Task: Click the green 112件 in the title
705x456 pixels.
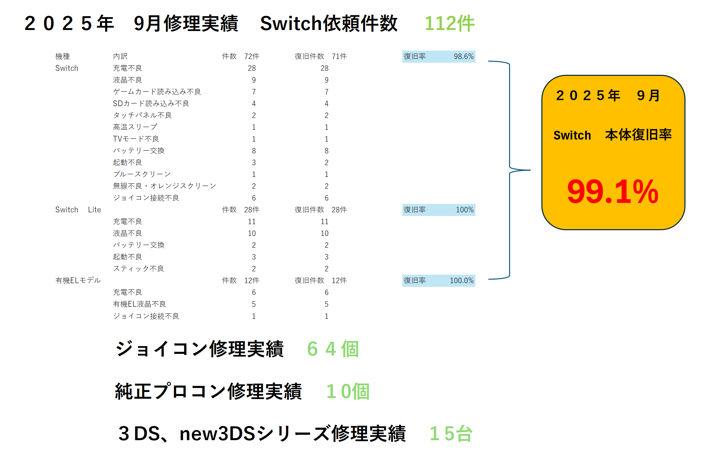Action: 449,24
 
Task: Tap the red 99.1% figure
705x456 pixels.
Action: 612,192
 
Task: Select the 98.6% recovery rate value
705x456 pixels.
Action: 463,56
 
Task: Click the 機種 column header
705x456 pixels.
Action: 63,56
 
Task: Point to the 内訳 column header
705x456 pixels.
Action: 120,56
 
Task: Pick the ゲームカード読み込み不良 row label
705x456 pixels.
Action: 157,92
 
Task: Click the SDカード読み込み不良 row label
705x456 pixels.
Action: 151,103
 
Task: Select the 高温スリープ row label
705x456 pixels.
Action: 135,127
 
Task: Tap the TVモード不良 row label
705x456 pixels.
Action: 136,139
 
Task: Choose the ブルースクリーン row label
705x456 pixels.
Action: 142,174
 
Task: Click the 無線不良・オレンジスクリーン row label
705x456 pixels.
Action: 164,186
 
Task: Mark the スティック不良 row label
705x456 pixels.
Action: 138,269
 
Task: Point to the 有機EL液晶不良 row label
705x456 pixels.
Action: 139,304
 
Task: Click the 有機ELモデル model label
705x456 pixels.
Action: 78,280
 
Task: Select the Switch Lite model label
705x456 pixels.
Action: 78,210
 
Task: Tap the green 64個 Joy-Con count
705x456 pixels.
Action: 333,349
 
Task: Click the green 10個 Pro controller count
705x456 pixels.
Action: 348,391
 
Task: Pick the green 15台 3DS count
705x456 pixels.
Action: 451,433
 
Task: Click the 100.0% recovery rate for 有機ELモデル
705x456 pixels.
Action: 462,280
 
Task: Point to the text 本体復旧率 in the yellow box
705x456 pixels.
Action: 638,135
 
